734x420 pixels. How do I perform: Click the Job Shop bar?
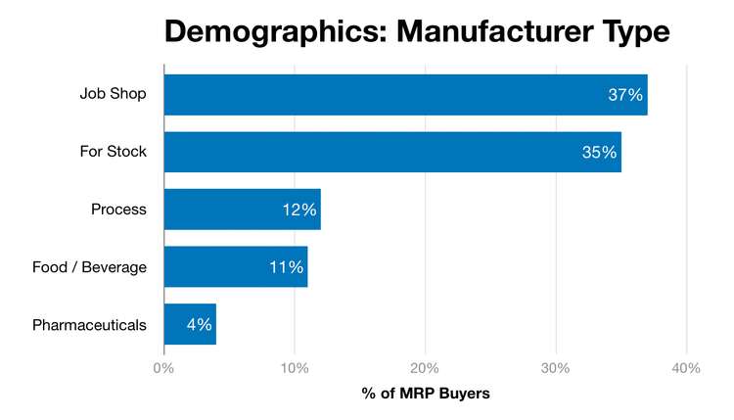click(x=405, y=95)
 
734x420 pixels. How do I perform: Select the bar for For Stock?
click(x=391, y=152)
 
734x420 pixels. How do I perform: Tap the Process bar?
click(x=242, y=210)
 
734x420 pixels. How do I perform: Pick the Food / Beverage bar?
click(x=235, y=266)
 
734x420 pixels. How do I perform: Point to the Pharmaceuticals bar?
click(x=190, y=324)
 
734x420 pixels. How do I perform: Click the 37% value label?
click(x=624, y=95)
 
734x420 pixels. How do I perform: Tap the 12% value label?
click(x=298, y=210)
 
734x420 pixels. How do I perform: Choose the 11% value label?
click(x=285, y=266)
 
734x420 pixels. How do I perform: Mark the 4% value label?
click(x=199, y=324)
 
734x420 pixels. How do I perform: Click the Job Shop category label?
click(x=113, y=95)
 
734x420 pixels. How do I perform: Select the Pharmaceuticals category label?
click(x=89, y=324)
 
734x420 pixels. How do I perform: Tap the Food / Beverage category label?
click(x=89, y=266)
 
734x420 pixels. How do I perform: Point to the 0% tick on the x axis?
click(x=163, y=368)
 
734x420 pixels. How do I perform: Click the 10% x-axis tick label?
click(x=295, y=368)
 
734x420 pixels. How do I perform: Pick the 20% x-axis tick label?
click(x=425, y=368)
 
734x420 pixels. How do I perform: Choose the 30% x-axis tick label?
click(x=556, y=368)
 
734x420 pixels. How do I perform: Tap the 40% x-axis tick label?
click(x=686, y=368)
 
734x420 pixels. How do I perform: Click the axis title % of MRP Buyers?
click(x=425, y=394)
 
